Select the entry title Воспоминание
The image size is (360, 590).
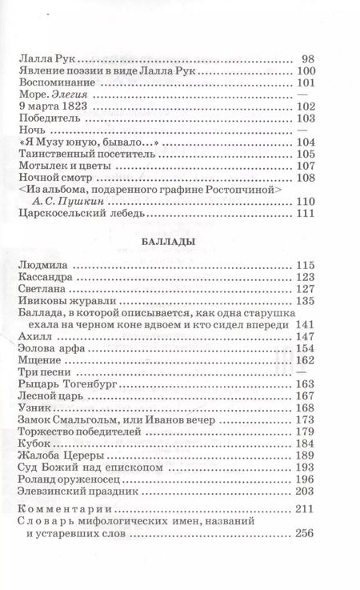tap(53, 83)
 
